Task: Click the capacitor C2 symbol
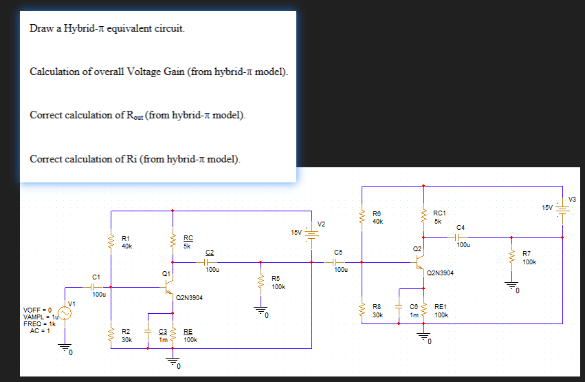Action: tap(210, 262)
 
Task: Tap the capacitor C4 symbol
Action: tap(459, 236)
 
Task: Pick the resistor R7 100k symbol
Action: tap(510, 257)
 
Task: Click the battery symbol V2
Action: tap(312, 233)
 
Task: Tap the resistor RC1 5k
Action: tap(423, 217)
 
